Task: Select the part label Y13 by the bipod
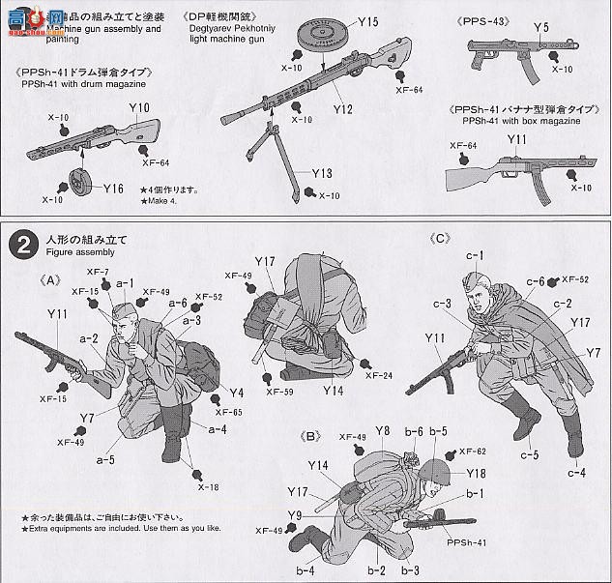coord(323,174)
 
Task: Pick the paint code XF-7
coord(99,274)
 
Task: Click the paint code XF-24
coord(381,376)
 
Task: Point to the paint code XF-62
coord(474,451)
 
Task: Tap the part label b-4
coord(306,570)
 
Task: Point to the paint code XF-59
coord(280,392)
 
